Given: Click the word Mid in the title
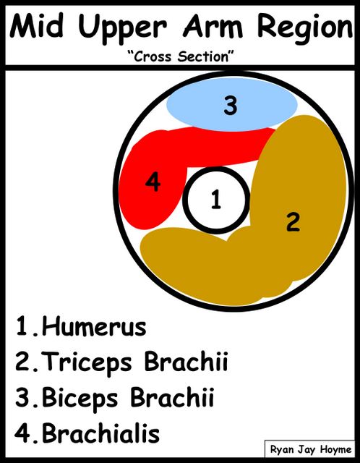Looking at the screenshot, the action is (36, 26).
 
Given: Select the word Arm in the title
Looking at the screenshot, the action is (213, 26).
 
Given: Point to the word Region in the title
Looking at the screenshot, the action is (305, 29).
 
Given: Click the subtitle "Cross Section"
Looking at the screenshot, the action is (180, 56).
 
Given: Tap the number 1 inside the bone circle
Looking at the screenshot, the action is (216, 200).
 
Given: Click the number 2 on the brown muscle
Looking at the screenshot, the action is (293, 222).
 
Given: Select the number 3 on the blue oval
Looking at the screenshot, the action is (231, 106).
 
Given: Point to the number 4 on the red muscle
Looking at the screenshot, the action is (153, 182).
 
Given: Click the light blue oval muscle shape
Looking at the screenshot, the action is (232, 105).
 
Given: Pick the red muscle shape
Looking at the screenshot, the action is (153, 189).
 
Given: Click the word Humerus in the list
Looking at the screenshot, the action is (94, 327).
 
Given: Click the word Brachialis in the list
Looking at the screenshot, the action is (100, 433).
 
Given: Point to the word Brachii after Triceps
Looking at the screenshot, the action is (187, 361).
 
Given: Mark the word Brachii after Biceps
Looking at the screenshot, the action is (172, 397).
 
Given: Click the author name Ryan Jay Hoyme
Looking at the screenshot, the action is (311, 450).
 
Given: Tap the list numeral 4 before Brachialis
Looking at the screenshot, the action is (22, 433).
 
